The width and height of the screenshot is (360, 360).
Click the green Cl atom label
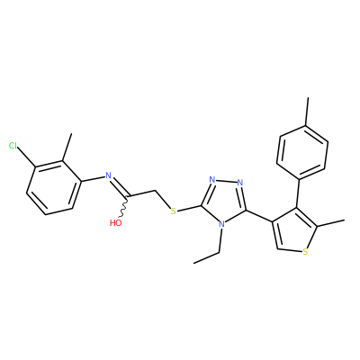[13, 146]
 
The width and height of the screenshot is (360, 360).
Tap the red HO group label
[116, 223]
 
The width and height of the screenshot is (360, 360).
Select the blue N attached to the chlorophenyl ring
[108, 175]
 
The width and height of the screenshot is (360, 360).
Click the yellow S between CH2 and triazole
[173, 211]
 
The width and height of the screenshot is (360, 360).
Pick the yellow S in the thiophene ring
[305, 251]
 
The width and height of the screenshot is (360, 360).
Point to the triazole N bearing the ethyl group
[221, 224]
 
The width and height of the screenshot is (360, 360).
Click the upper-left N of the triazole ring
[212, 180]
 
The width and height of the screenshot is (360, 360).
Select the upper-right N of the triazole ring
[239, 182]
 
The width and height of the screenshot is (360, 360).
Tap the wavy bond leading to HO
[124, 207]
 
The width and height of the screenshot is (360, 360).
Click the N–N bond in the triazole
[226, 181]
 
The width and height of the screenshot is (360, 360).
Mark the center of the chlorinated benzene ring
[54, 187]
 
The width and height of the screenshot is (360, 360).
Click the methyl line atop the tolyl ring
[307, 112]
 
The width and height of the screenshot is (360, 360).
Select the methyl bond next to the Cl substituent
[67, 147]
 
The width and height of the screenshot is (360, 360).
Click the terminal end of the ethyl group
[194, 263]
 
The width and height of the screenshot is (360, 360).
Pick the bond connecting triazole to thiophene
[259, 216]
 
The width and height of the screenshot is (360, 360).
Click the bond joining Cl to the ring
[26, 157]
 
